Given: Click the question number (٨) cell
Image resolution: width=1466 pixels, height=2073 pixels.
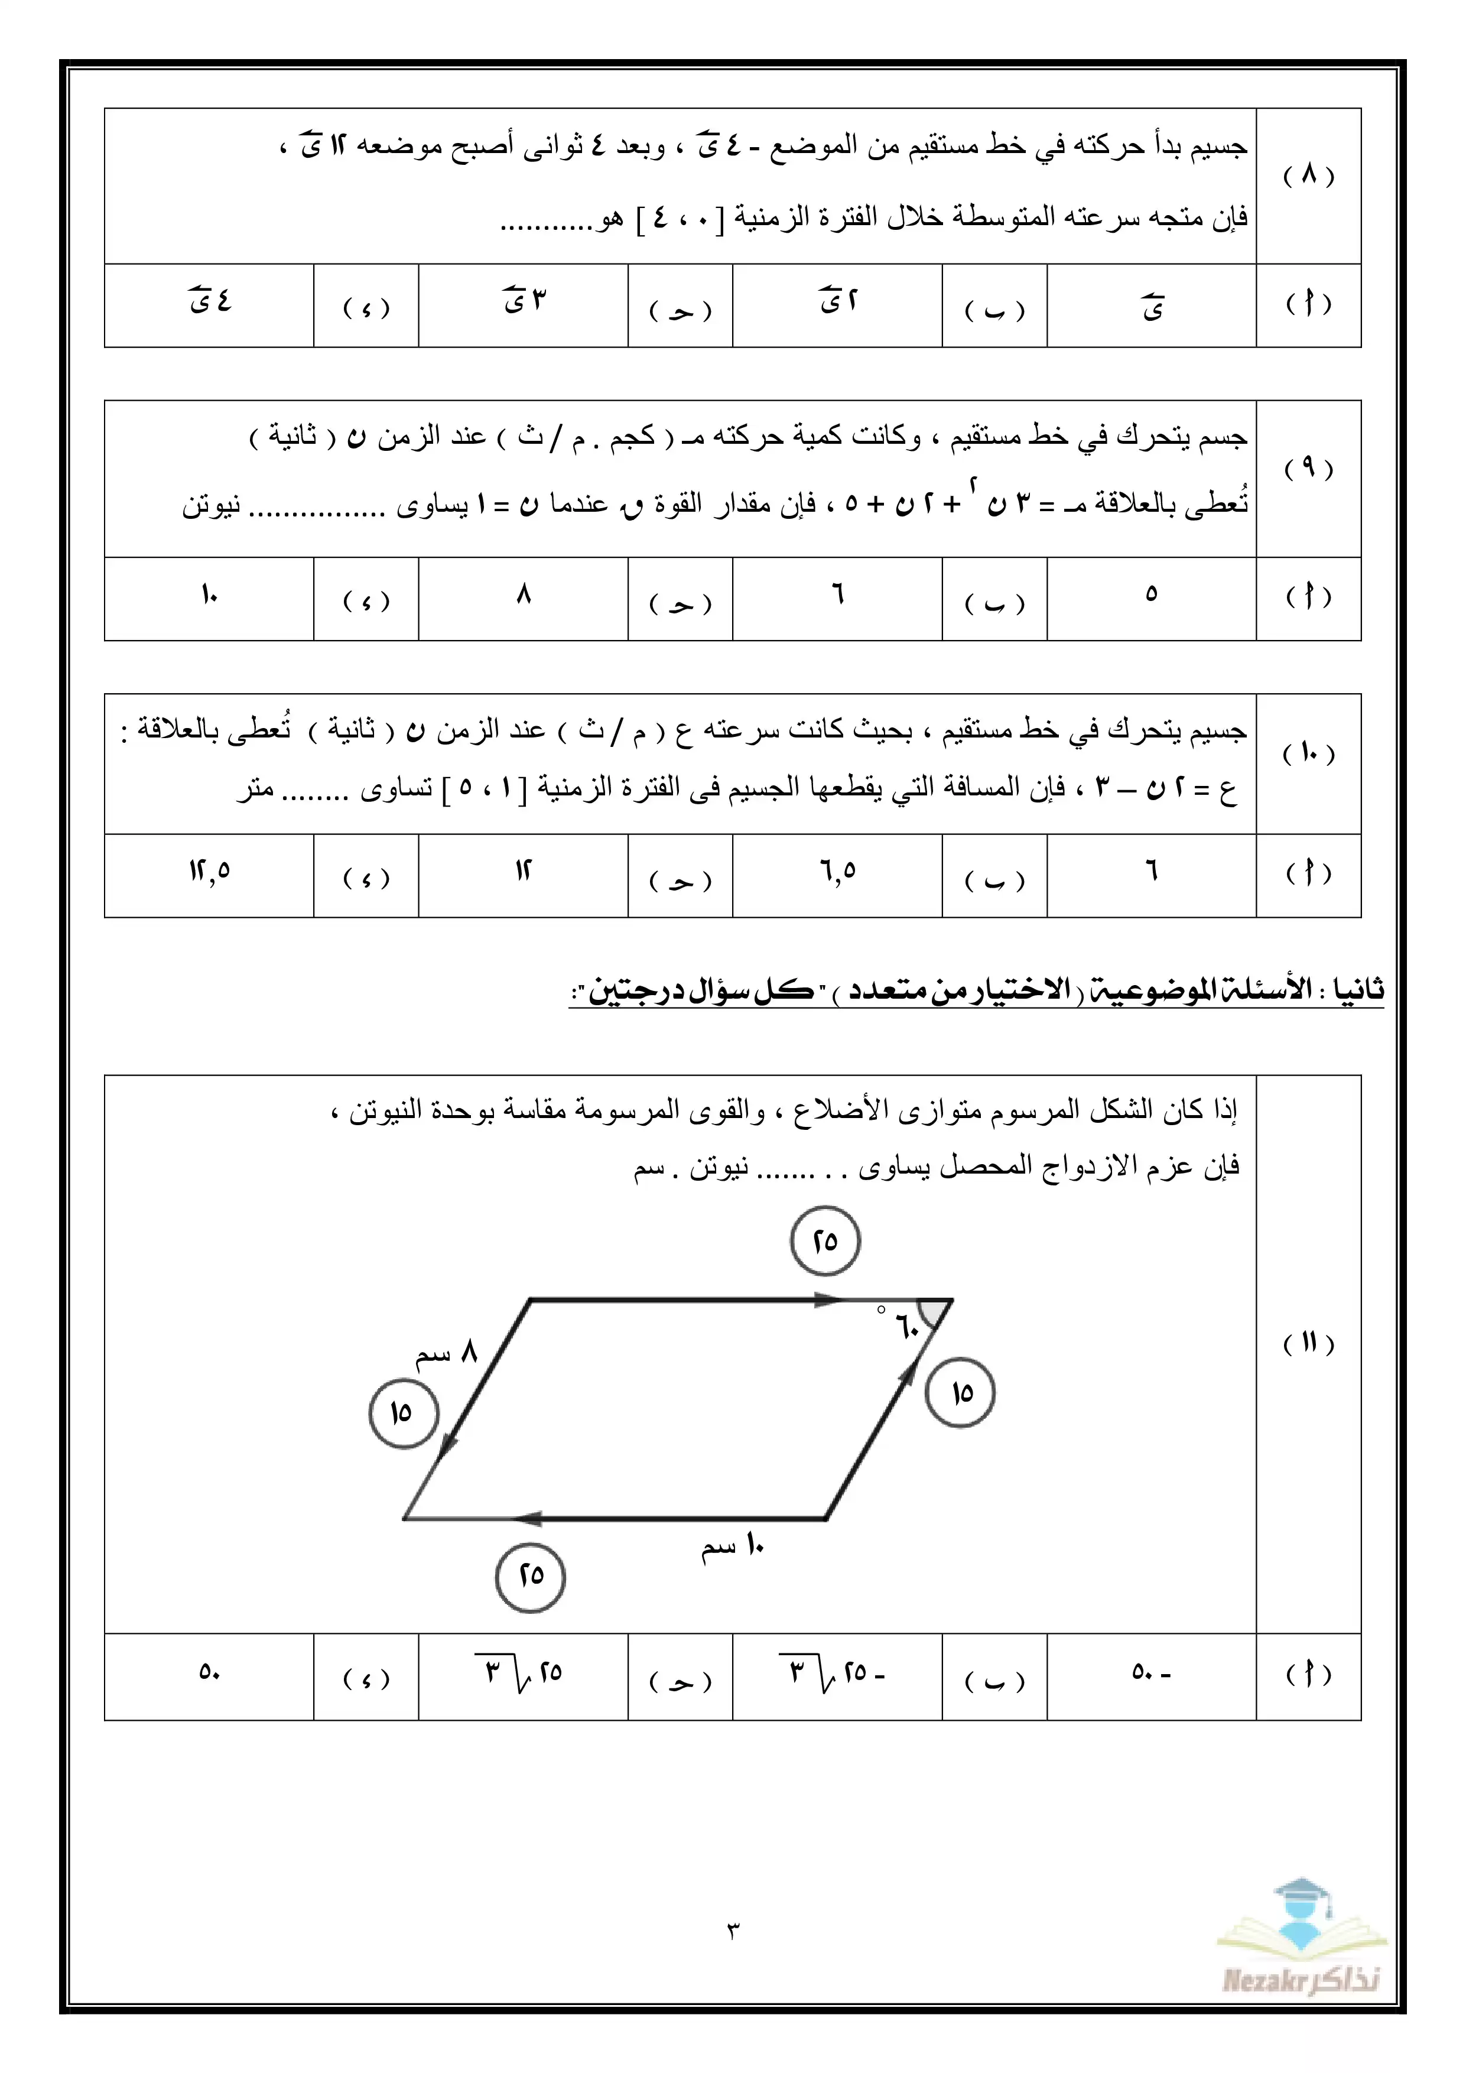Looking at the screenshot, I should click(x=1308, y=175).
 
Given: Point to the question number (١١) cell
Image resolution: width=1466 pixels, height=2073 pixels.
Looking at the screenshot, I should click(x=1308, y=1343).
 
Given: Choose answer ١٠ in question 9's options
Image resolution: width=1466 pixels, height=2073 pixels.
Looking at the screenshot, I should click(x=209, y=595).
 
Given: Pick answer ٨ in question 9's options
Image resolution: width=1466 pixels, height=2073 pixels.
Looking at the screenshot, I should click(x=524, y=595).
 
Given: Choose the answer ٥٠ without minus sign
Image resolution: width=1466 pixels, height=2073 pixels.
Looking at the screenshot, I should click(x=209, y=1672).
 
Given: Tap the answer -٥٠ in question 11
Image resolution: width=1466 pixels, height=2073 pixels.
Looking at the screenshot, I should click(x=1151, y=1672).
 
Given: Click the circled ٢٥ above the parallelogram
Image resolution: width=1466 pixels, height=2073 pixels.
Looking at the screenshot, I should click(x=825, y=1240).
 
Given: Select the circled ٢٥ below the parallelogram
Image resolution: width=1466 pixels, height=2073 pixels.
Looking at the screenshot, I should click(x=531, y=1575).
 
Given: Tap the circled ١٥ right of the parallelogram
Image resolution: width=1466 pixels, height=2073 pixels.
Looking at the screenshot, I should click(x=960, y=1392).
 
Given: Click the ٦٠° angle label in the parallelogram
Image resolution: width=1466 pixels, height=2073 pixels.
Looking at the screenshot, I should click(x=903, y=1326).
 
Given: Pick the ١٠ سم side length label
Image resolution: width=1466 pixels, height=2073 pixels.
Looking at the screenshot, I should click(x=733, y=1546).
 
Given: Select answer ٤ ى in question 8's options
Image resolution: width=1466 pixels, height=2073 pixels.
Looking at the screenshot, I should click(x=209, y=301).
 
